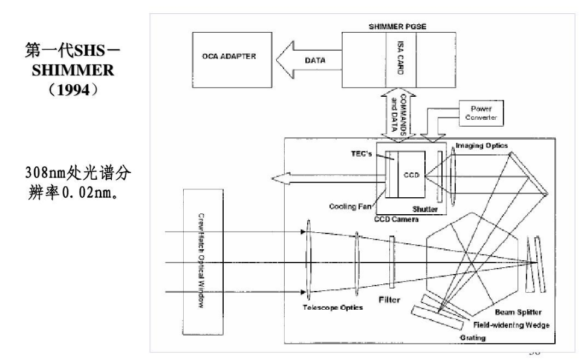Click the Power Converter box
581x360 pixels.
point(481,113)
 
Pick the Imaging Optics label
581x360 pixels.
point(482,145)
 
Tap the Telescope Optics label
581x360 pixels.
point(333,308)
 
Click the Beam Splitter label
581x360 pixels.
point(518,312)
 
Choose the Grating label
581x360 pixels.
point(473,338)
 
